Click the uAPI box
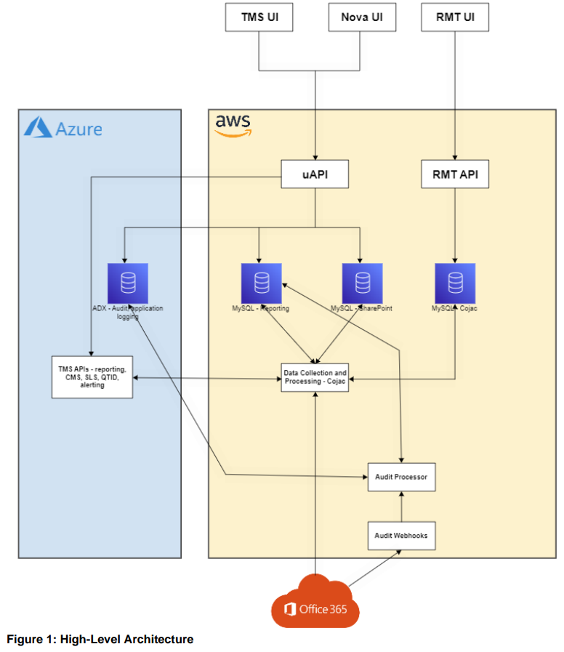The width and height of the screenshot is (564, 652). pyautogui.click(x=315, y=174)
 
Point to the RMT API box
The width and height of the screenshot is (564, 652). pyautogui.click(x=455, y=174)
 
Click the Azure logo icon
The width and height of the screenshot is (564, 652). pyautogui.click(x=38, y=129)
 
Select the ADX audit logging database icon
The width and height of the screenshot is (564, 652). pyautogui.click(x=127, y=283)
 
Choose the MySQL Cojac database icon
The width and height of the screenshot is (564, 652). pyautogui.click(x=455, y=283)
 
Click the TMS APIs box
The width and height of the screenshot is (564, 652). pyautogui.click(x=92, y=377)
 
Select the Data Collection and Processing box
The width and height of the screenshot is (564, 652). pyautogui.click(x=315, y=377)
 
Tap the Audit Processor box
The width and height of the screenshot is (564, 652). pyautogui.click(x=401, y=477)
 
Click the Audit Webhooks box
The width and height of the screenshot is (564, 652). pyautogui.click(x=401, y=535)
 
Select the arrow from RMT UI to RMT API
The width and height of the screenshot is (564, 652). pyautogui.click(x=455, y=94)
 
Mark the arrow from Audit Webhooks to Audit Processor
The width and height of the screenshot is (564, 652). pyautogui.click(x=401, y=507)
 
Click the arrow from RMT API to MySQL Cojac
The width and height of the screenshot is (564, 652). pyautogui.click(x=455, y=225)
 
